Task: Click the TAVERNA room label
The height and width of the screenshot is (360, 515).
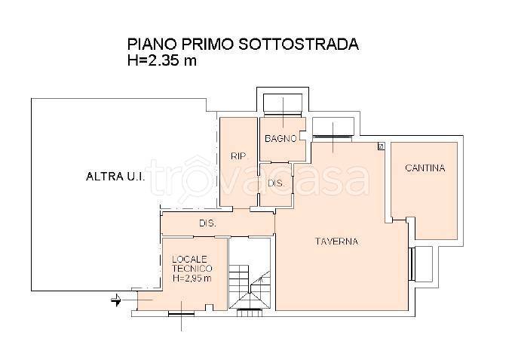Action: tap(336, 242)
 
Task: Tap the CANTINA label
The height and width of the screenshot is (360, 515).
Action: tap(425, 168)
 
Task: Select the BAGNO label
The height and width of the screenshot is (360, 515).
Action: tap(280, 138)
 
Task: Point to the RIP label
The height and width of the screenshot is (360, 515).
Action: tap(238, 156)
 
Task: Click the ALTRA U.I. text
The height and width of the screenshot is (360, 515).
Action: tap(112, 177)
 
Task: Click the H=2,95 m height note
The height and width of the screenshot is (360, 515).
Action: tap(192, 278)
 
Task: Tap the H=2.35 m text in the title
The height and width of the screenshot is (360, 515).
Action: tap(162, 61)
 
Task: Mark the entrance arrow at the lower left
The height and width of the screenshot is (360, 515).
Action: tap(118, 300)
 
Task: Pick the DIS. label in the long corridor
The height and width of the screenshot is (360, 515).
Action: tap(207, 223)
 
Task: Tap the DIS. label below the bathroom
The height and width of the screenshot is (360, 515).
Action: tap(275, 183)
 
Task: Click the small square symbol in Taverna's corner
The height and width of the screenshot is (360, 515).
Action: tap(381, 146)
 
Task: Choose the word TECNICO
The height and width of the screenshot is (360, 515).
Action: tap(192, 268)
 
